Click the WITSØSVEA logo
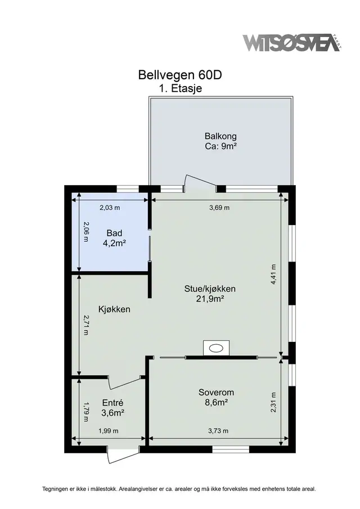point(292,43)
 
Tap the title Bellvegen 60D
point(180,75)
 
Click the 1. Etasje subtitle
point(181,88)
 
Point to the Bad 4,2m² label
point(114,238)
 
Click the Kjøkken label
point(114,309)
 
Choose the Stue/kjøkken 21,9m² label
point(210,294)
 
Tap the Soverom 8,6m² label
point(216,397)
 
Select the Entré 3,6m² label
point(112,408)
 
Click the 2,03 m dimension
point(110,208)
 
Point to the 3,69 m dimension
point(219,208)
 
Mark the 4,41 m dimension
point(273,274)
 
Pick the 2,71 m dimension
point(85,325)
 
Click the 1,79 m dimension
point(85,412)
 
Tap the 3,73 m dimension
point(218,431)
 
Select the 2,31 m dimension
point(273,402)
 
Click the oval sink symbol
point(216,349)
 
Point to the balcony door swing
point(200,182)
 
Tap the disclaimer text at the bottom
point(179,489)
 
